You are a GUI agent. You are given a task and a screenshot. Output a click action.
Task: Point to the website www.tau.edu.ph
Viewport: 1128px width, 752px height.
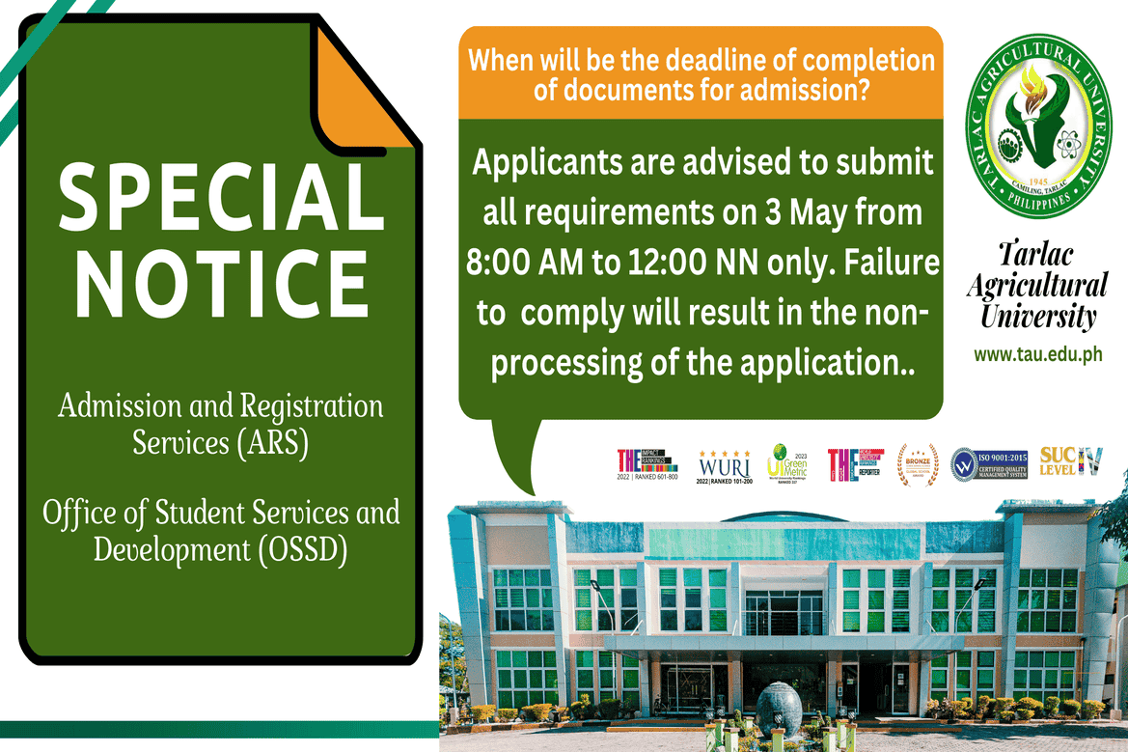pos(1037,355)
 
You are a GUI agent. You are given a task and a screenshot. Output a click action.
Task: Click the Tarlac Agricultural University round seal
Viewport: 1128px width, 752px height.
pos(1038,126)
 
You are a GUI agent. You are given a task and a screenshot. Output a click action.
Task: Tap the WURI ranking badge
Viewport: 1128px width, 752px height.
pos(725,465)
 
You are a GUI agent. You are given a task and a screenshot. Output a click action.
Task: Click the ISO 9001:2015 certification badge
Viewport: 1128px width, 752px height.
pos(988,464)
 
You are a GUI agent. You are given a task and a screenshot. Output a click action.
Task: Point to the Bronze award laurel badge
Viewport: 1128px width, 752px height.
pos(917,464)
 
